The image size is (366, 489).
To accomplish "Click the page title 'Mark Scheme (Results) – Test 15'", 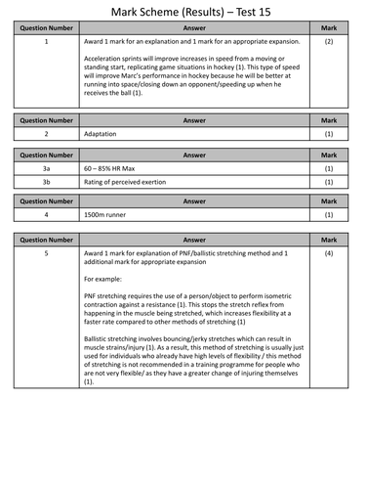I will point(183,11).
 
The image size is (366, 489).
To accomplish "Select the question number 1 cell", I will point(46,44).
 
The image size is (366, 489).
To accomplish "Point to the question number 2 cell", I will point(46,134).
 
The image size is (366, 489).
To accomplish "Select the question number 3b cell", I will point(46,182).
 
